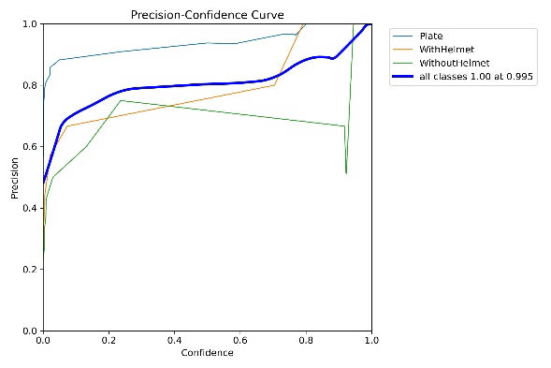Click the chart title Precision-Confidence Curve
(x=207, y=14)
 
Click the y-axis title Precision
(x=14, y=177)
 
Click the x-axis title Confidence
(x=207, y=353)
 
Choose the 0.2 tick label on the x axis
(x=109, y=341)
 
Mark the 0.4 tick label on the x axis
(x=174, y=341)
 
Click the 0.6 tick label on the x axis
(x=240, y=341)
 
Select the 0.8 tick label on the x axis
(x=306, y=341)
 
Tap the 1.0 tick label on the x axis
(x=371, y=341)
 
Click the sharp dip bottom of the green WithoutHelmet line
(x=346, y=173)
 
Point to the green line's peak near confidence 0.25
(x=122, y=100)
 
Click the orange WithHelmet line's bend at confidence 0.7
(x=274, y=84)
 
